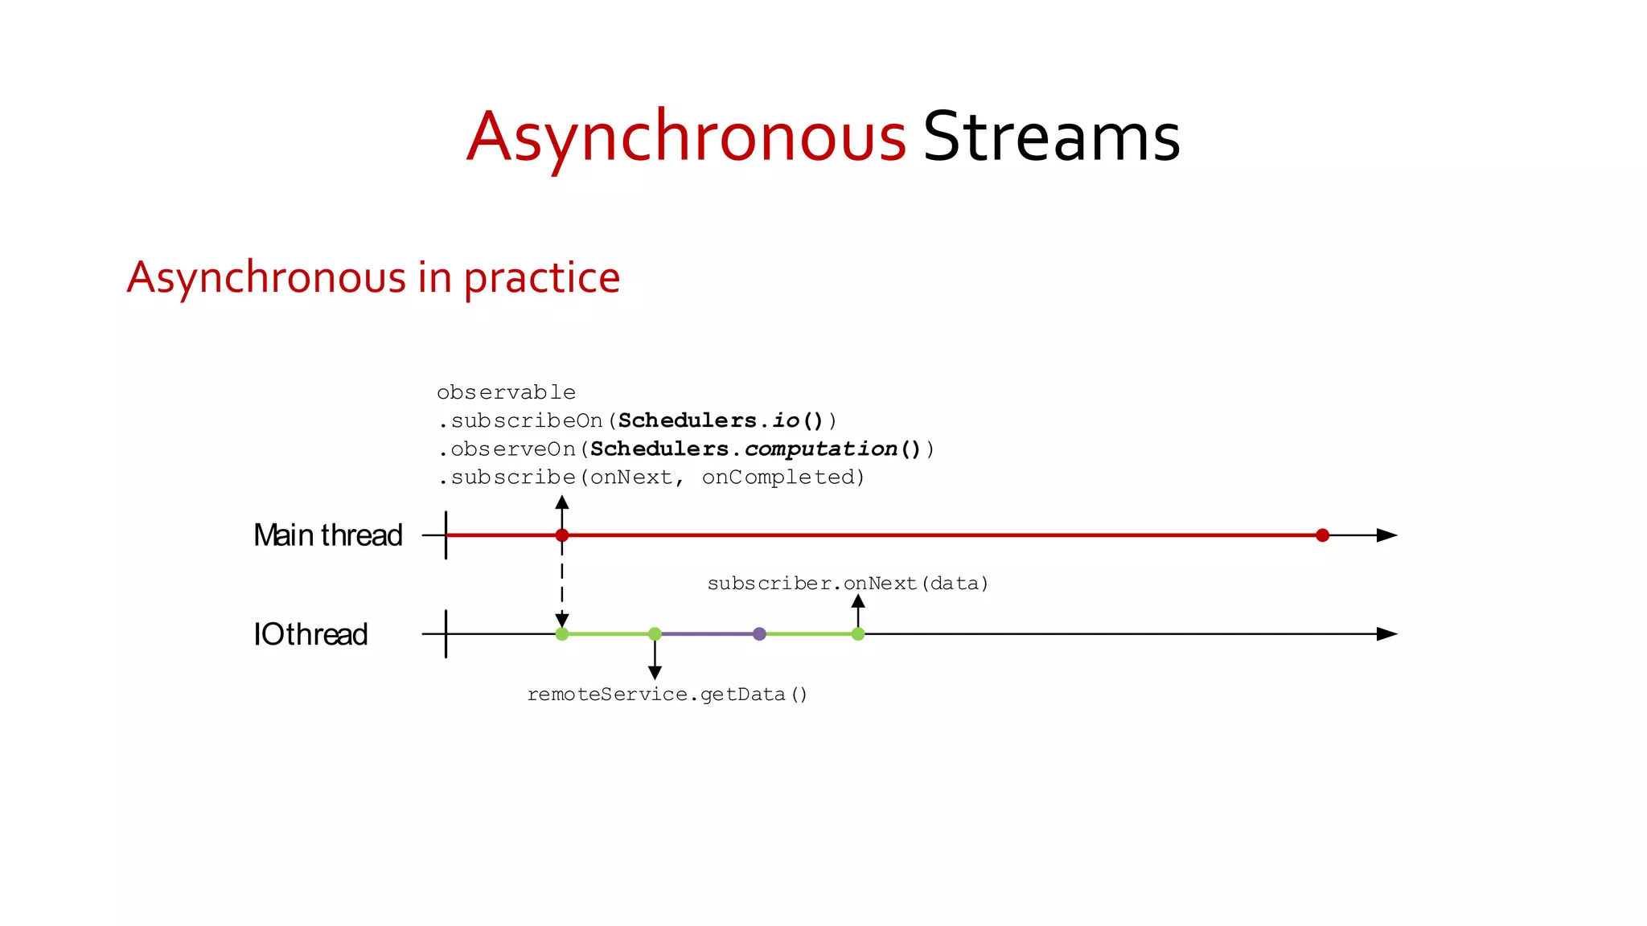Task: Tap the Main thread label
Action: point(327,535)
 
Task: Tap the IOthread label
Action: point(310,634)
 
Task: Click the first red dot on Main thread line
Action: point(562,535)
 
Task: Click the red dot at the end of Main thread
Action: point(1322,535)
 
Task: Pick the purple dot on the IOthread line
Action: point(759,634)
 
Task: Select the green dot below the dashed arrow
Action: point(562,634)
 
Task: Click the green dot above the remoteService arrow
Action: point(655,634)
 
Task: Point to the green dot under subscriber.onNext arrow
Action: point(858,634)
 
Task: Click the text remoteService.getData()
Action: point(667,694)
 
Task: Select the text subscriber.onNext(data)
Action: point(848,584)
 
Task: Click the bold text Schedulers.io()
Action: point(721,420)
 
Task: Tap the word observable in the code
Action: point(506,393)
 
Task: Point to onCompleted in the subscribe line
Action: point(782,477)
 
